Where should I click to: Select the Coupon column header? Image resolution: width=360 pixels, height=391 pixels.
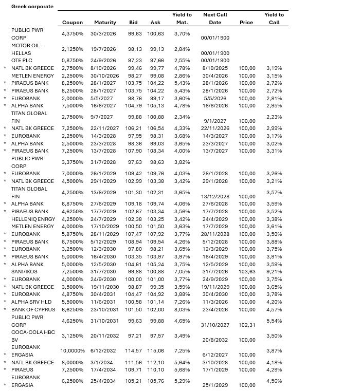pyautogui.click(x=72, y=23)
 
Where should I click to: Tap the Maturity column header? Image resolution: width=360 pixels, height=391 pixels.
pyautogui.click(x=105, y=23)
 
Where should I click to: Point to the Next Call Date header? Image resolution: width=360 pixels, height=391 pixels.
pyautogui.click(x=215, y=18)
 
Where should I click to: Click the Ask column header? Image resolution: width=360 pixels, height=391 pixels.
pyautogui.click(x=155, y=23)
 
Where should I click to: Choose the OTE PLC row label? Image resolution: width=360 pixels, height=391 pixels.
pyautogui.click(x=22, y=61)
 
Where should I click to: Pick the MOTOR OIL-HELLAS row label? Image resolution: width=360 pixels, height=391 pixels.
pyautogui.click(x=28, y=49)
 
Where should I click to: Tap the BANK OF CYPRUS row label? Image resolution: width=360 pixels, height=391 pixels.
pyautogui.click(x=33, y=310)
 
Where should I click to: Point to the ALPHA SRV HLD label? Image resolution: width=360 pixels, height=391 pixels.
pyautogui.click(x=32, y=302)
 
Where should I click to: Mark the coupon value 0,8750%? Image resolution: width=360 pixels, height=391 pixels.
pyautogui.click(x=73, y=61)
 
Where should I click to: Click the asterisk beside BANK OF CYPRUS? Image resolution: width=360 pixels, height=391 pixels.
pyautogui.click(x=5, y=310)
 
